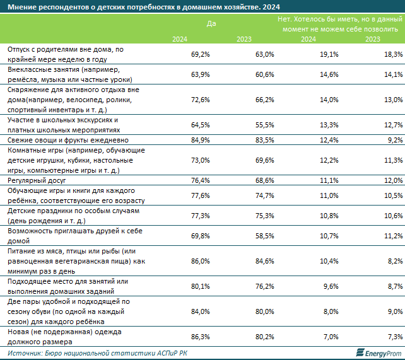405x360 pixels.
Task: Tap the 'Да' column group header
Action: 211,24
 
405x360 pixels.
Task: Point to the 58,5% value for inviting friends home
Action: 263,235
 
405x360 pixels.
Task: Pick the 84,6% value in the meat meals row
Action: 263,260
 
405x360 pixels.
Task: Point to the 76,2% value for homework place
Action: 263,284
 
